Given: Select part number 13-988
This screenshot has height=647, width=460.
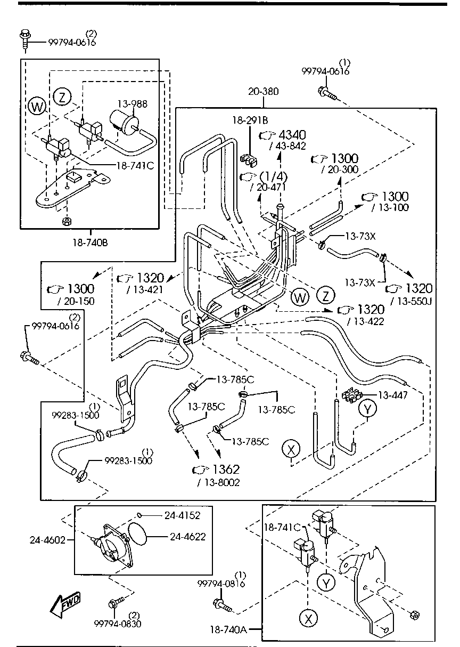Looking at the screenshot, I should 133,103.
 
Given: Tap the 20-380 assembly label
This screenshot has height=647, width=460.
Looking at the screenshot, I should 263,92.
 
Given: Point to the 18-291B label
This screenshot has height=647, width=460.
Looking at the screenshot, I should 250,120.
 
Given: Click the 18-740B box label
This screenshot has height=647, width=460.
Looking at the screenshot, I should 91,242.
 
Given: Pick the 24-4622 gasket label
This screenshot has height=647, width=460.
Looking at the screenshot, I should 187,537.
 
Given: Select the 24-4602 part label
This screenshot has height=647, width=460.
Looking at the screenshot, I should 47,540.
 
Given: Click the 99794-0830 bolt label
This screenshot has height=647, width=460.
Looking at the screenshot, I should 118,623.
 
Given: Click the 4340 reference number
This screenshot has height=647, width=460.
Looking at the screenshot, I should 291,135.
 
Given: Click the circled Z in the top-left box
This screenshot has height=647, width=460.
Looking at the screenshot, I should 62,97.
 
